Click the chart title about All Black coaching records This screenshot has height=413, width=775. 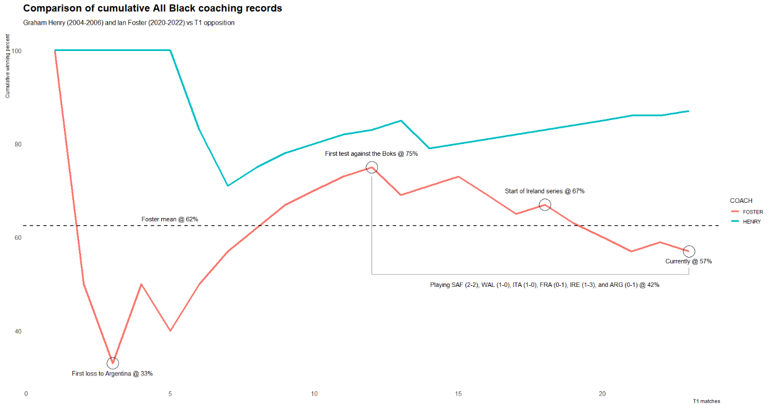click(152, 9)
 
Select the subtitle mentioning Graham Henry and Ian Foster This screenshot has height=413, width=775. click(129, 23)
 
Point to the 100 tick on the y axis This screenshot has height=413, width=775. click(17, 51)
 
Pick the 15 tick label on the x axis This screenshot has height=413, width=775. click(458, 394)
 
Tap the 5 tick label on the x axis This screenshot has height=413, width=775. click(170, 394)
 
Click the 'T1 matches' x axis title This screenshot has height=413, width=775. click(706, 401)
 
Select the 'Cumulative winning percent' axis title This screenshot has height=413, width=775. click(8, 66)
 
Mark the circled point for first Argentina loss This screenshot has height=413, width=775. click(113, 363)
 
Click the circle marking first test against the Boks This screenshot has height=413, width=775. click(372, 167)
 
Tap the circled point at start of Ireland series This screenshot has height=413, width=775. click(545, 205)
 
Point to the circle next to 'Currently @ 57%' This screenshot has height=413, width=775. click(689, 251)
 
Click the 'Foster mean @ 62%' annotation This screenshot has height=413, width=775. click(170, 219)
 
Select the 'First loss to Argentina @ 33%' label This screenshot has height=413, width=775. click(112, 373)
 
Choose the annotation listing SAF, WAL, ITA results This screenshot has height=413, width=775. click(544, 285)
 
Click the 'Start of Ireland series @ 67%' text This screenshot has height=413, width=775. click(544, 191)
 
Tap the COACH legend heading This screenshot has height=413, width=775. click(741, 201)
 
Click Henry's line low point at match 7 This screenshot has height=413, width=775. click(228, 185)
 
